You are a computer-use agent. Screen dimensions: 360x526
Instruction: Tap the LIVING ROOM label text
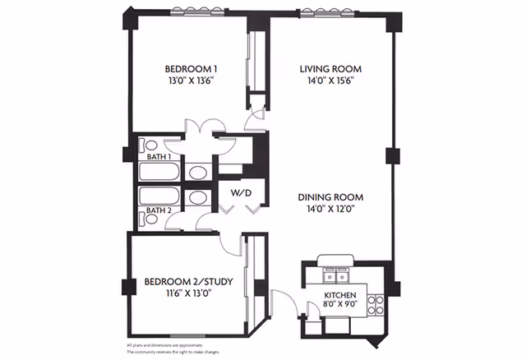tap(330, 68)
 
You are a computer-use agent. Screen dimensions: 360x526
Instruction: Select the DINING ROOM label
tap(330, 197)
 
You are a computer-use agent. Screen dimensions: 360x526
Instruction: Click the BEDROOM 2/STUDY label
tap(188, 282)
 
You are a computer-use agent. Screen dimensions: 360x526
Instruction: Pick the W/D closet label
tap(240, 194)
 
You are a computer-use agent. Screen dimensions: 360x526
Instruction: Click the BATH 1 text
tap(159, 156)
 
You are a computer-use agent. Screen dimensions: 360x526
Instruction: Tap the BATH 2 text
tap(159, 210)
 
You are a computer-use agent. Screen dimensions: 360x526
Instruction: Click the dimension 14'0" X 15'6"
tap(330, 81)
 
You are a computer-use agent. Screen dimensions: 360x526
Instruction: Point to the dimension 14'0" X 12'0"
tap(330, 210)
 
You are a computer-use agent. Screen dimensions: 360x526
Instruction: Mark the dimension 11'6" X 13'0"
tap(188, 295)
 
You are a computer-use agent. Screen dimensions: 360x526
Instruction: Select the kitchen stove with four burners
tap(376, 306)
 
